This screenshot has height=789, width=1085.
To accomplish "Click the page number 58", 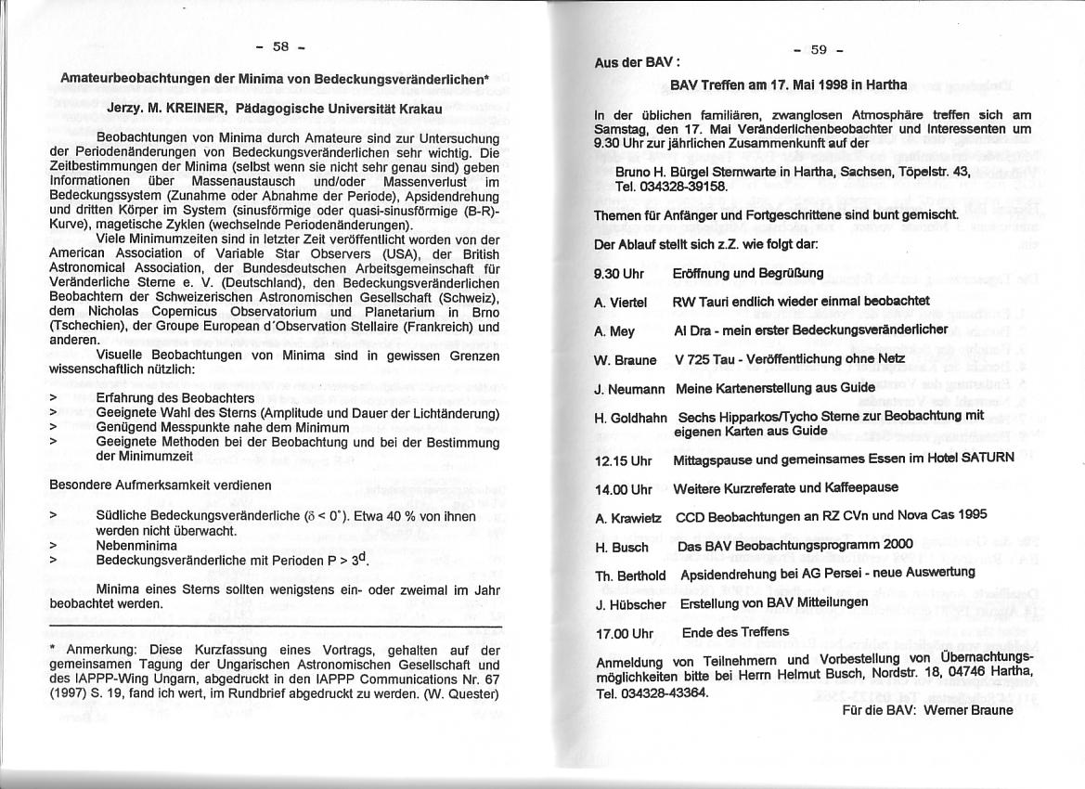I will [x=280, y=47].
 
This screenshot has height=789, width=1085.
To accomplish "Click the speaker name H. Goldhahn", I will [x=632, y=419].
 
